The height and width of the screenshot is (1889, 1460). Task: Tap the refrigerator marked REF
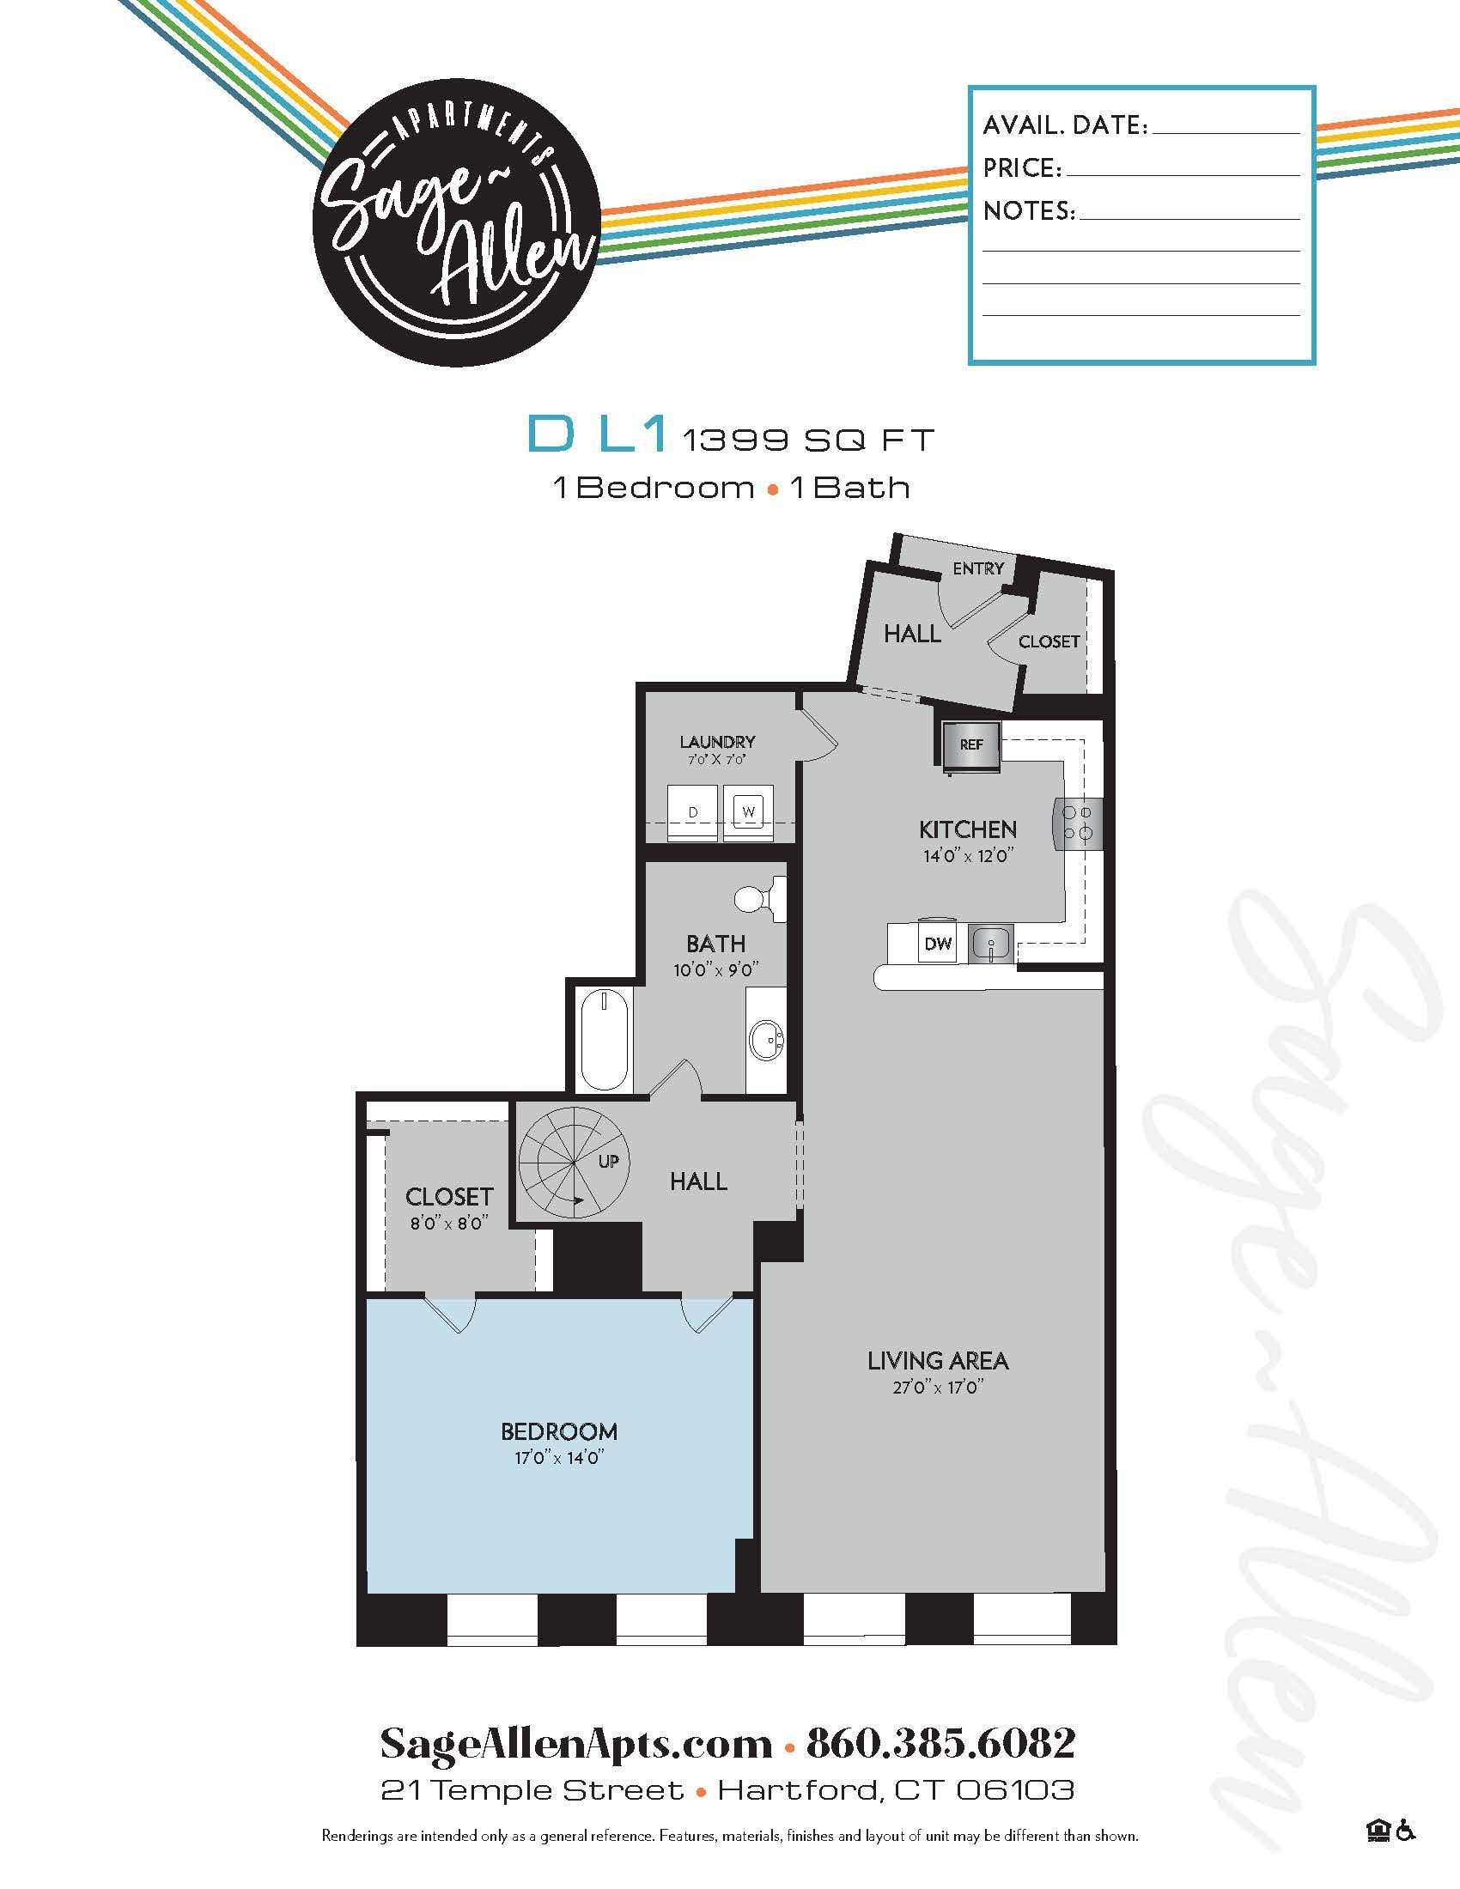(x=971, y=744)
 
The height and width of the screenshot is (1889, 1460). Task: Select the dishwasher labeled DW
(x=939, y=944)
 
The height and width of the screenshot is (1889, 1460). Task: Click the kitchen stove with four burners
(x=1078, y=823)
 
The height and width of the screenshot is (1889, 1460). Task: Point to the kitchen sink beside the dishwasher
(x=990, y=943)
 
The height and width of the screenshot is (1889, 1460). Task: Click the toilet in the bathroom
(x=757, y=897)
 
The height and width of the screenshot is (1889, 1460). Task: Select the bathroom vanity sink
(x=766, y=1038)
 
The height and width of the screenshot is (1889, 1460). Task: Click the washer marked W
(x=748, y=812)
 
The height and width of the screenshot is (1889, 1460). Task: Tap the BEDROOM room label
(x=559, y=1431)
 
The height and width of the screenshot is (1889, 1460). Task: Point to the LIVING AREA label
(x=938, y=1361)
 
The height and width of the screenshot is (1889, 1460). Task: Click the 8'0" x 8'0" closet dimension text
(x=449, y=1223)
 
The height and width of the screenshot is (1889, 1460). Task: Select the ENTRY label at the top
(x=978, y=568)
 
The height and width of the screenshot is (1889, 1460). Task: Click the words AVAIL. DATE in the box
(x=1065, y=125)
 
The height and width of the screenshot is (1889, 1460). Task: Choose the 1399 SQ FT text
(x=809, y=440)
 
